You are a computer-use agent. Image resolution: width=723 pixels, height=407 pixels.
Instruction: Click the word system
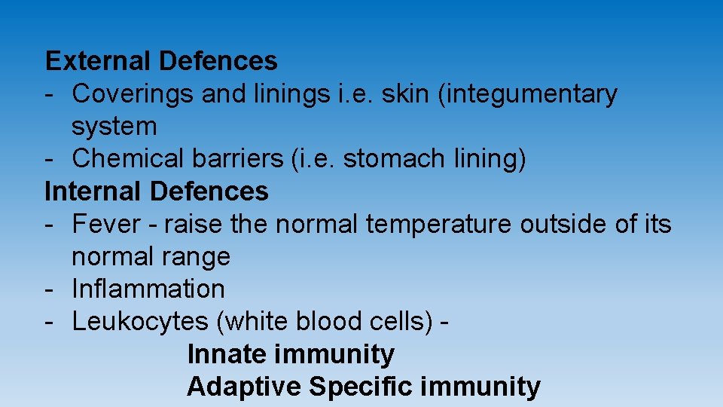pyautogui.click(x=114, y=127)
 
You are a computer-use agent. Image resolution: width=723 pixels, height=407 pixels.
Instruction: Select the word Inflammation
pyautogui.click(x=148, y=289)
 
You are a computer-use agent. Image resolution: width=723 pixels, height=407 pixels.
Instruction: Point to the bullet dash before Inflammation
pyautogui.click(x=48, y=289)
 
